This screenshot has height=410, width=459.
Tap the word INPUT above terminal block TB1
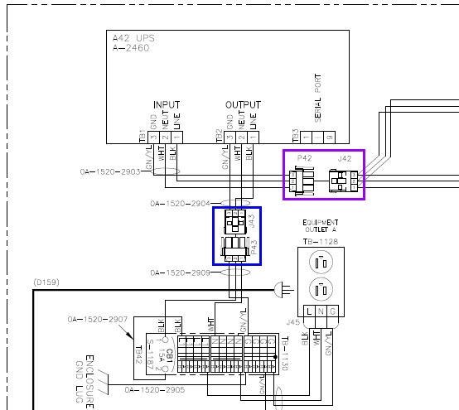(166, 105)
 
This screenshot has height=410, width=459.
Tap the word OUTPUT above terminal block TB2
(242, 105)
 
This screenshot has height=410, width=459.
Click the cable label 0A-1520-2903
(109, 173)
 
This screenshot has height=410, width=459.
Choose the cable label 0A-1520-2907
(95, 319)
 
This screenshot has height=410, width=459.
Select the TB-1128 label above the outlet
(319, 242)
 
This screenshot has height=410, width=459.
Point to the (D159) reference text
(45, 282)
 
